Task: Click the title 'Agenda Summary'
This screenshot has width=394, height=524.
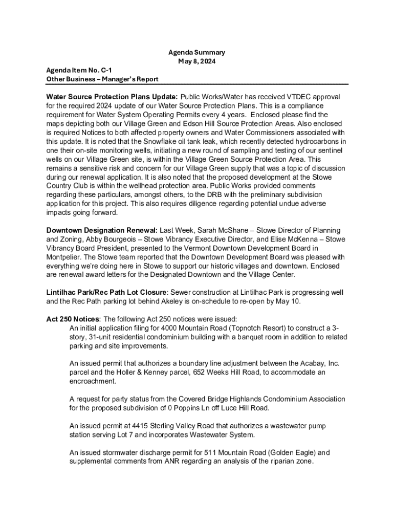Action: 196,53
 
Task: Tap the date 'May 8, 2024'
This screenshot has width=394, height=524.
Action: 196,61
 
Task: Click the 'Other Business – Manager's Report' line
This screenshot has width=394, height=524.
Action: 102,79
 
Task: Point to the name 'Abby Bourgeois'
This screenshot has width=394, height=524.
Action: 90,239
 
